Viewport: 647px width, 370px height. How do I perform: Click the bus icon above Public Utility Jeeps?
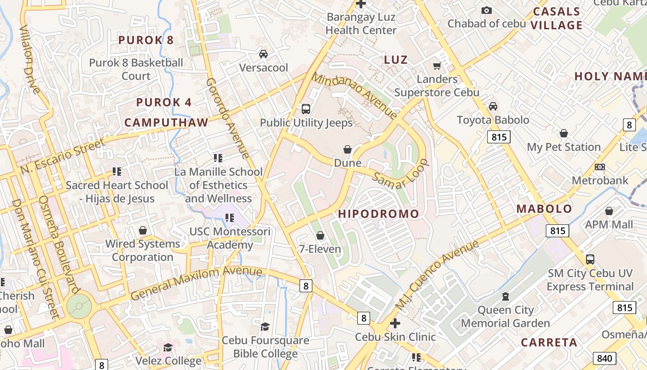[x=305, y=109]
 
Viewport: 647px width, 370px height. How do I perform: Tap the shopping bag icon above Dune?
[x=348, y=149]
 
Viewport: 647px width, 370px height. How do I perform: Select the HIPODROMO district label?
[x=378, y=214]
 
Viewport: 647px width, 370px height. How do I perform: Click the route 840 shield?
[x=604, y=358]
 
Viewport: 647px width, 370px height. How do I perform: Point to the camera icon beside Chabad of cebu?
[x=486, y=10]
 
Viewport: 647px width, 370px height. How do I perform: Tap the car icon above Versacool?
[x=263, y=54]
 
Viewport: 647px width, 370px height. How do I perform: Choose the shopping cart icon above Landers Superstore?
[x=437, y=66]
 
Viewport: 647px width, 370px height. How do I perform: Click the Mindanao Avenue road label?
[x=354, y=95]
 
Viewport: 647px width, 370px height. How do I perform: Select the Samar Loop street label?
[x=401, y=174]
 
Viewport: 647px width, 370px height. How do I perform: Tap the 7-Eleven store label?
[x=320, y=249]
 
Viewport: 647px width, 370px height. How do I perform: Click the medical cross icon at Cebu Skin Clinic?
[x=395, y=323]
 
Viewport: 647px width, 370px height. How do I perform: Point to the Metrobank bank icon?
[x=600, y=167]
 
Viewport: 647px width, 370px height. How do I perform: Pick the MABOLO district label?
[x=544, y=209]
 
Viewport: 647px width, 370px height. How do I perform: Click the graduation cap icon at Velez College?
[x=168, y=347]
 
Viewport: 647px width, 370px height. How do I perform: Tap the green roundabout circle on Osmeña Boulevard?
[x=79, y=306]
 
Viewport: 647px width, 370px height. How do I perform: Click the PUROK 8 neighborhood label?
[x=146, y=40]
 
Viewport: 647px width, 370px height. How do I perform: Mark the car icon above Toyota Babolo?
[x=493, y=106]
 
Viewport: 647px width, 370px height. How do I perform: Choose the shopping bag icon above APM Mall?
[x=609, y=211]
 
